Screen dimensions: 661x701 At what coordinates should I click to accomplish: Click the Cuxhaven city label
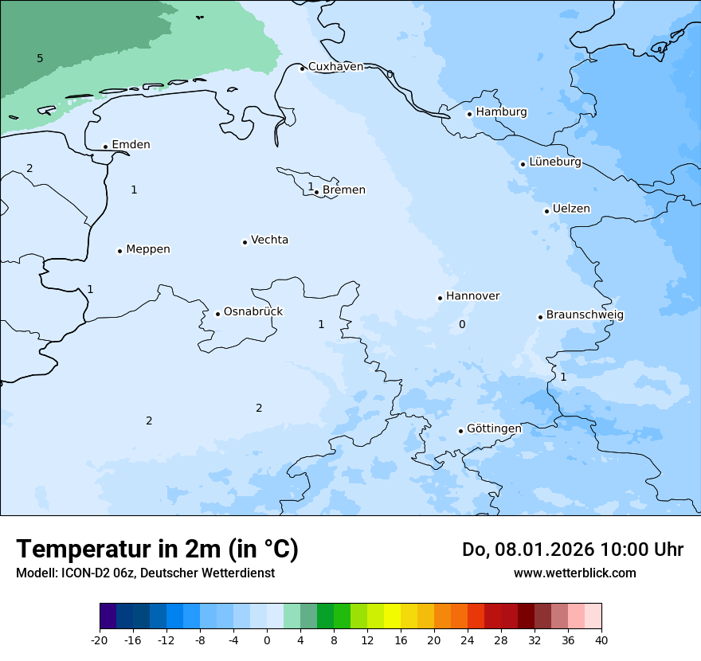click(x=335, y=67)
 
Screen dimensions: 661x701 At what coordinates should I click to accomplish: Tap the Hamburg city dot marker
click(x=470, y=114)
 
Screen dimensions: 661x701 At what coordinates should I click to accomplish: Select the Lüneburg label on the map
click(x=555, y=162)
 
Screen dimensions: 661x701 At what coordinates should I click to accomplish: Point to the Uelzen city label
click(x=571, y=209)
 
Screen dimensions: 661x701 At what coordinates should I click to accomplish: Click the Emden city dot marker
click(x=105, y=147)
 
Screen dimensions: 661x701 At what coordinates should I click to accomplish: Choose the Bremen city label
click(x=344, y=190)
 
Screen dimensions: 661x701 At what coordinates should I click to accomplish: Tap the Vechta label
click(x=269, y=240)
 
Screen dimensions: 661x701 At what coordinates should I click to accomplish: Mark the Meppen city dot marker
click(x=120, y=251)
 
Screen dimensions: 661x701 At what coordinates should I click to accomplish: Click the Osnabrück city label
click(x=253, y=311)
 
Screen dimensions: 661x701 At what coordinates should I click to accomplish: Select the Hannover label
click(x=472, y=296)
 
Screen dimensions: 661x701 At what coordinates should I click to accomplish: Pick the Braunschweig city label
click(x=585, y=315)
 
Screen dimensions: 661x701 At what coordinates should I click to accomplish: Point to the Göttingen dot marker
click(x=460, y=431)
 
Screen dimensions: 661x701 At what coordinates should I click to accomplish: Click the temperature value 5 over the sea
click(x=40, y=58)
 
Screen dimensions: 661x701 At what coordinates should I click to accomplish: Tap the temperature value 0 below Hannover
click(x=462, y=324)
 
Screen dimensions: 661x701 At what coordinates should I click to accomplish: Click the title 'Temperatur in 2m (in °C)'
click(x=158, y=550)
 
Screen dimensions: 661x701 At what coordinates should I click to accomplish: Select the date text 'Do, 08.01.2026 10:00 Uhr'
click(x=572, y=550)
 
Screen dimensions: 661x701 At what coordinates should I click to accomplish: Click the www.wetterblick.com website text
click(x=574, y=573)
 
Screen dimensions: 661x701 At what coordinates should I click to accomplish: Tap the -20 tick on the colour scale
click(x=100, y=639)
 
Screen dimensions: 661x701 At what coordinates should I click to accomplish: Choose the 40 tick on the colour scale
click(x=601, y=639)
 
